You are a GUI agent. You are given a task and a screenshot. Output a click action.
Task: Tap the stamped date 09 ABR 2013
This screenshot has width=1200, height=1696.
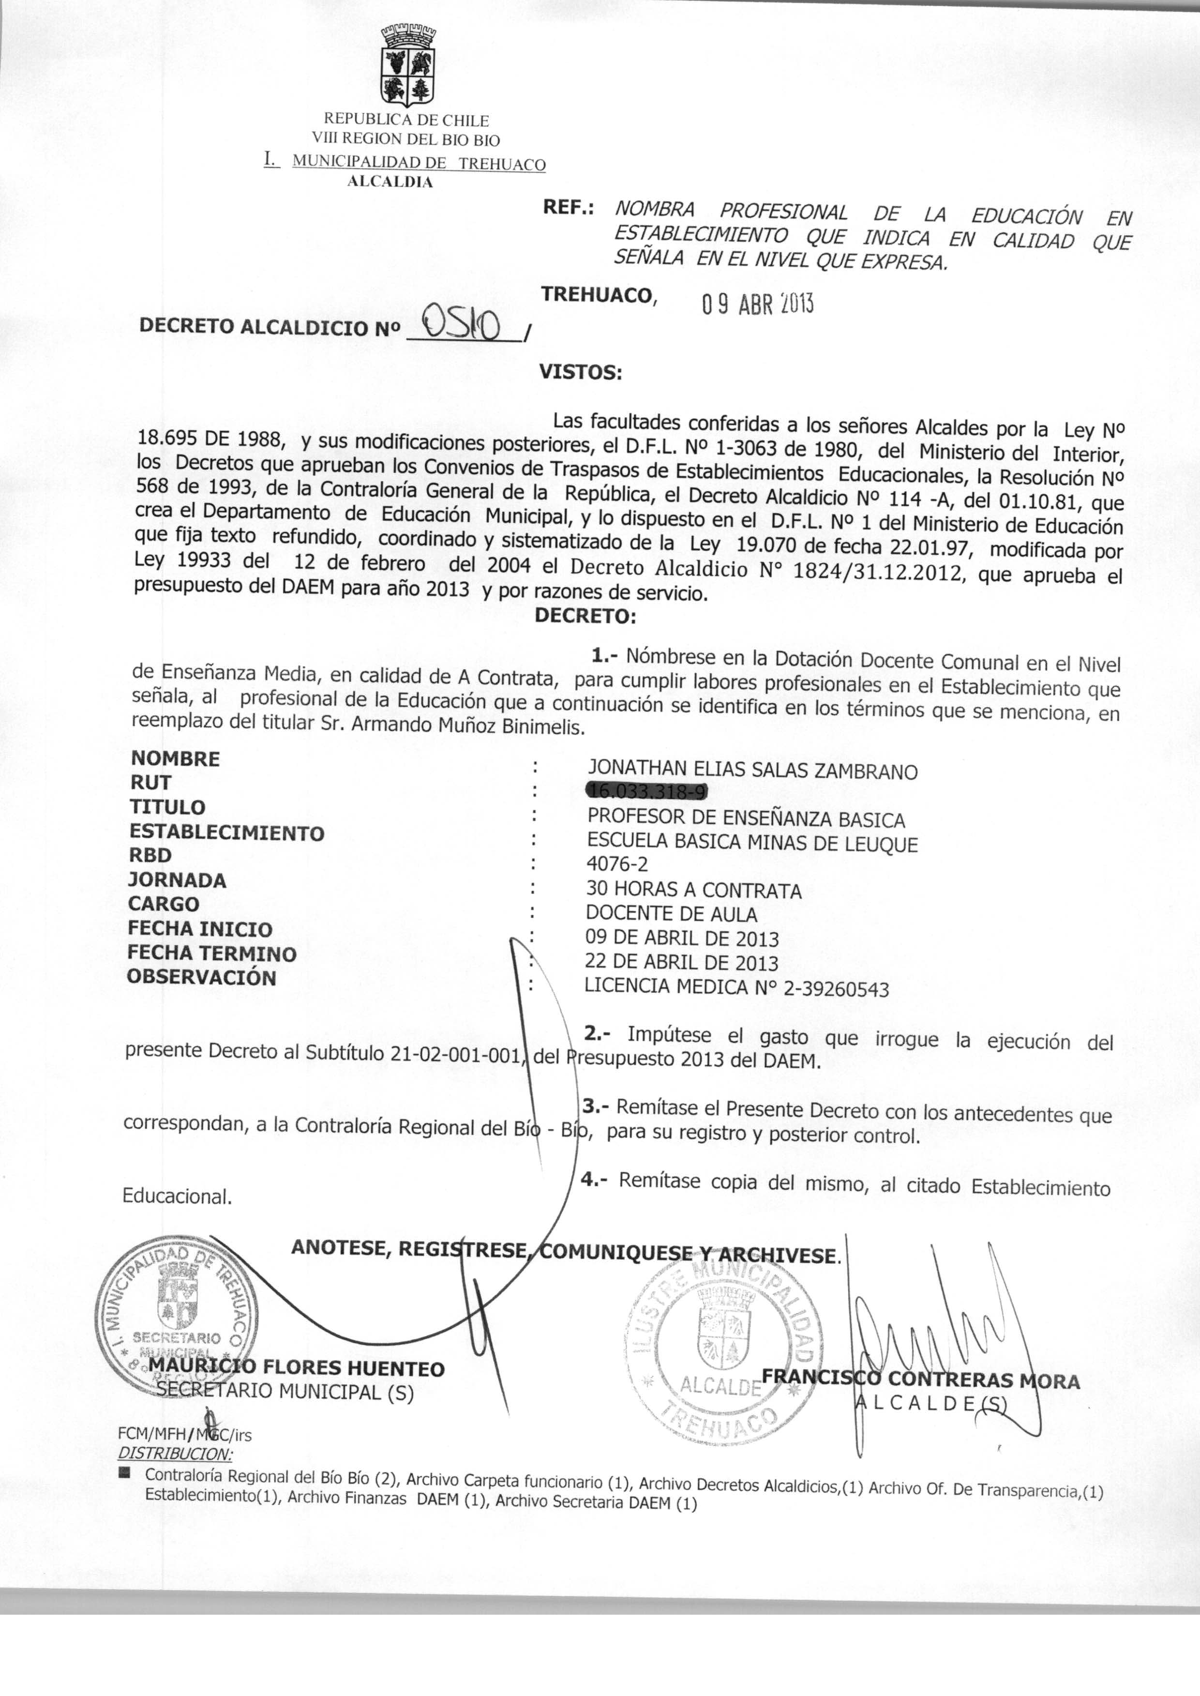pos(757,304)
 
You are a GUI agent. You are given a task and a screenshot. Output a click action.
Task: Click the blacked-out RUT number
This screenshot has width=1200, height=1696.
pos(646,792)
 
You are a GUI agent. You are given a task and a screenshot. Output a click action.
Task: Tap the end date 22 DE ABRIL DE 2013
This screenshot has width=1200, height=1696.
pos(681,962)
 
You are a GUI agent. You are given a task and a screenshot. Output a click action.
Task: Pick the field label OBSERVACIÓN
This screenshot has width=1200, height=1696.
pos(201,977)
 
